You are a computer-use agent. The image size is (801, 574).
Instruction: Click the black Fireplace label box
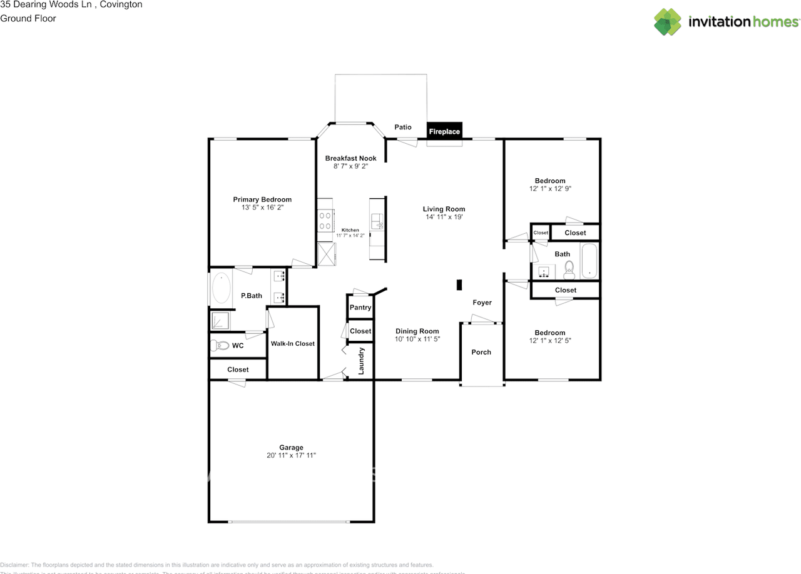pos(444,131)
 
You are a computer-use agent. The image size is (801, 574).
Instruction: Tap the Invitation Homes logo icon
pos(668,22)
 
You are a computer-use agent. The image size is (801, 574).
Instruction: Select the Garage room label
pos(291,447)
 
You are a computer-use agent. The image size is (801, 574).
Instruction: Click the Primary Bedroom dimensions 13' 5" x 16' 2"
pos(262,207)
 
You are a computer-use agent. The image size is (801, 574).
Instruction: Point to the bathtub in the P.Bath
pos(221,288)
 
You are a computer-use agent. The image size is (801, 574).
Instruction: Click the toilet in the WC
pos(220,345)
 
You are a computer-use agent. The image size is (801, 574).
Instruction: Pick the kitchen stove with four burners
pos(325,220)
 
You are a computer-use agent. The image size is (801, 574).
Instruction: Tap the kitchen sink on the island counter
pos(377,221)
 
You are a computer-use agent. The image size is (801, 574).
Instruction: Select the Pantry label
pos(360,307)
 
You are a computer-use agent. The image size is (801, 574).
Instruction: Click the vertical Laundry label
pos(361,361)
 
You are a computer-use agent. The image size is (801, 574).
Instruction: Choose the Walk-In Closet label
pos(292,343)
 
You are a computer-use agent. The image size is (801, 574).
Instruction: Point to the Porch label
pos(481,352)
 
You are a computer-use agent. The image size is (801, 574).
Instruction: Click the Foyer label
pos(482,303)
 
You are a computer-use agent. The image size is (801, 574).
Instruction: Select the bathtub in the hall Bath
pos(589,261)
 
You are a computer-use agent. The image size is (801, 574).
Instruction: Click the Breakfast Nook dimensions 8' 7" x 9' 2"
pos(350,166)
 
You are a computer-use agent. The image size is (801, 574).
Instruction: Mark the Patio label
pos(403,128)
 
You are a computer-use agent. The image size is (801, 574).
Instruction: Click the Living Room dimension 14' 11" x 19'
pos(444,217)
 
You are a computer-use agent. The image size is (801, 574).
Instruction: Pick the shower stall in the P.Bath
pos(220,321)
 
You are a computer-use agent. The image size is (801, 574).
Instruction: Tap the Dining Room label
pos(417,331)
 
